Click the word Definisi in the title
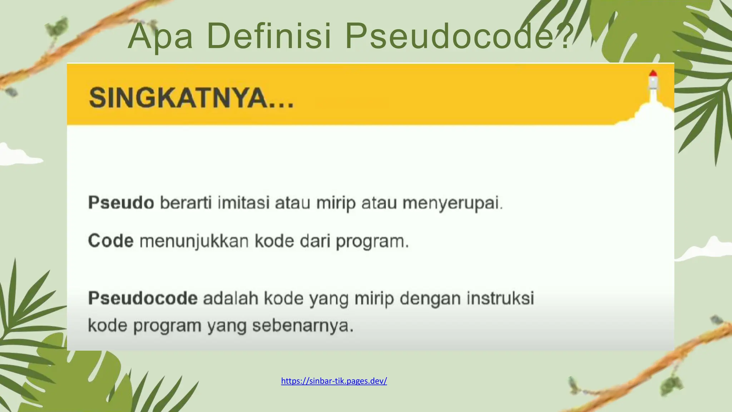(x=269, y=36)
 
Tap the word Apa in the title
(x=160, y=36)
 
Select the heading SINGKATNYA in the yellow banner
(x=191, y=98)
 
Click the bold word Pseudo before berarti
(x=121, y=203)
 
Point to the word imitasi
(x=243, y=203)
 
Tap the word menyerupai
(x=452, y=203)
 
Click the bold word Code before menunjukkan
(x=111, y=241)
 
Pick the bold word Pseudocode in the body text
(x=143, y=298)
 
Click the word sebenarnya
(x=302, y=325)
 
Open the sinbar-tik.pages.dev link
(x=334, y=381)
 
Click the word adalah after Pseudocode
(x=231, y=298)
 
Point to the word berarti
(x=186, y=203)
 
